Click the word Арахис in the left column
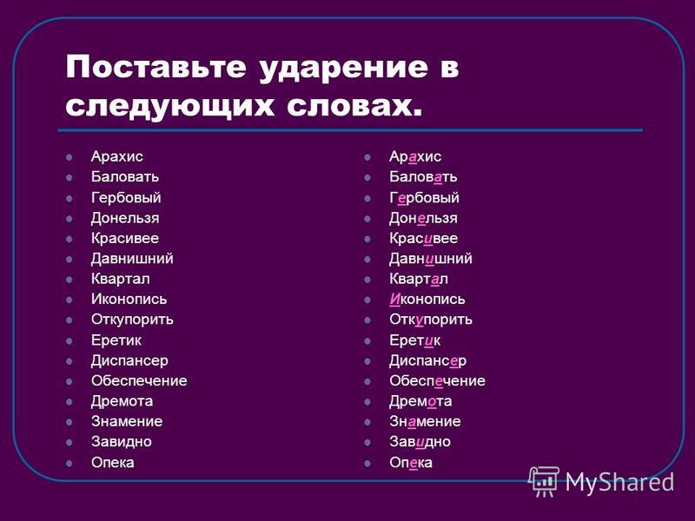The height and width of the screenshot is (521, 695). coord(117,156)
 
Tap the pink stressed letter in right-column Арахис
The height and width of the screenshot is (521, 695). coord(412,157)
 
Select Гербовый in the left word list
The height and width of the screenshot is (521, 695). coord(126,198)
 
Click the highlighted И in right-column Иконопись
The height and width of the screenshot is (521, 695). coord(395,299)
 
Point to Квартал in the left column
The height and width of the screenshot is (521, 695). coord(121,279)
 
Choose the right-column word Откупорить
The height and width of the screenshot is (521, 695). coord(431,320)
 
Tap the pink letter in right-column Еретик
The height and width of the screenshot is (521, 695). coord(428,340)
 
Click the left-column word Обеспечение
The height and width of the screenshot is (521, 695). coord(139,381)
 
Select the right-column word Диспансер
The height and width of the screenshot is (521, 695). coord(427,361)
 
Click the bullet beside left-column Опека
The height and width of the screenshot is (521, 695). coord(69,464)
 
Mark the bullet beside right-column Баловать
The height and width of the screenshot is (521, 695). coord(367,178)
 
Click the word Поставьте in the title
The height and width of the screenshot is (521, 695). coord(156,67)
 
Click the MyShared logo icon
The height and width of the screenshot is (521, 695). coord(544,482)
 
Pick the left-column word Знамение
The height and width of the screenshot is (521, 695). coord(127,422)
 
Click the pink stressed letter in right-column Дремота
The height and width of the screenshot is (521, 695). coord(432,402)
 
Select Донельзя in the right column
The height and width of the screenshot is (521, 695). coord(423,219)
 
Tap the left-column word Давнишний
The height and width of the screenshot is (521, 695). coord(132,259)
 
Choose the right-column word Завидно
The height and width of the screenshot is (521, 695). coord(420,442)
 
